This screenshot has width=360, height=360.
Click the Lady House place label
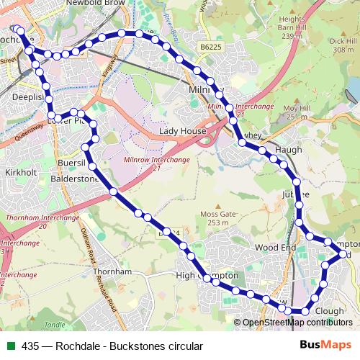tap(183, 132)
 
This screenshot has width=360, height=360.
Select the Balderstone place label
tap(76, 179)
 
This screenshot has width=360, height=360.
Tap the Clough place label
tap(330, 311)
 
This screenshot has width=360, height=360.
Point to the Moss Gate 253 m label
tap(218, 218)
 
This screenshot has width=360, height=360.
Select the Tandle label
tap(53, 325)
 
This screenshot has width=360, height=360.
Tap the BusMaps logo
tap(325, 345)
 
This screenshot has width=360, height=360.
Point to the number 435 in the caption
tap(31, 346)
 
